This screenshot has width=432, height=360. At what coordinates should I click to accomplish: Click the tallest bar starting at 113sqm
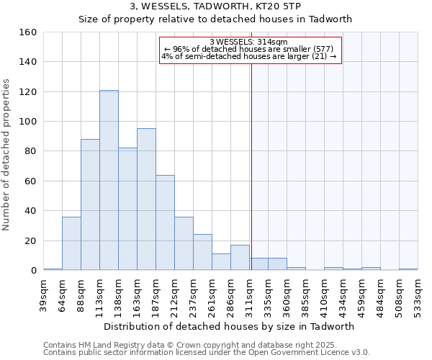(x=109, y=180)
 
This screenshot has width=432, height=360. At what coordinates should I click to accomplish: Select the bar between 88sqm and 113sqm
(x=90, y=204)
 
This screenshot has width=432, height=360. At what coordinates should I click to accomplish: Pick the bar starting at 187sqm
(x=165, y=222)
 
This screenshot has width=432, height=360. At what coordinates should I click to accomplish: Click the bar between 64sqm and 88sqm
(x=71, y=243)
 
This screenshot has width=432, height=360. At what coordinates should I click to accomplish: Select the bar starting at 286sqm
(x=240, y=258)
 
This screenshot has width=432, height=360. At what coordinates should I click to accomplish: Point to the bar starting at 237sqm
(x=202, y=252)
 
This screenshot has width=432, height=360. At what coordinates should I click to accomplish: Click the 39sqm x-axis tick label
(x=44, y=294)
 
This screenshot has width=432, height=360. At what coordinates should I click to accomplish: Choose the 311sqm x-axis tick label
(x=250, y=294)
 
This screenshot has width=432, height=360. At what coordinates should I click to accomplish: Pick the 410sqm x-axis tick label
(x=325, y=294)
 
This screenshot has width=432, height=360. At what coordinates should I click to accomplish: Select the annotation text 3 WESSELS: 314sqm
(x=248, y=42)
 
